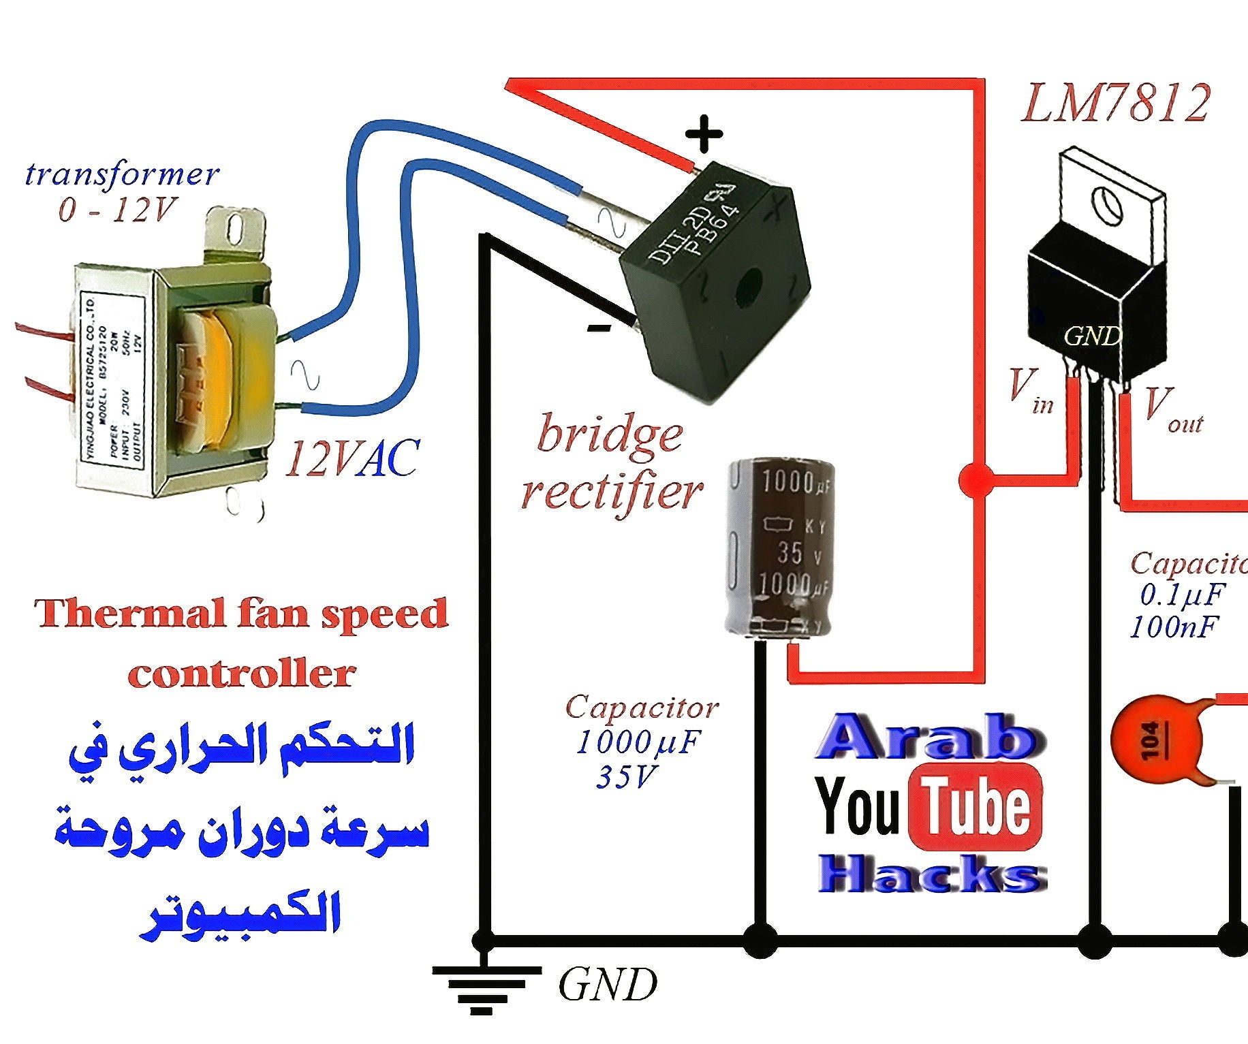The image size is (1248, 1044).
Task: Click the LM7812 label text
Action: click(x=1115, y=104)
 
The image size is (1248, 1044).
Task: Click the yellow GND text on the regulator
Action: click(x=1092, y=336)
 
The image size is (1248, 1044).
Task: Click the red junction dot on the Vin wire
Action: click(x=976, y=480)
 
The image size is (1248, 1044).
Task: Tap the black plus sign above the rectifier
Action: click(x=703, y=133)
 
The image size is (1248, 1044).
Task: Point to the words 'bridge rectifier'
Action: click(x=610, y=463)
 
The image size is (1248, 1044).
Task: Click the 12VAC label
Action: click(x=352, y=458)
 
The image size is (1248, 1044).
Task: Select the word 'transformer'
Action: click(x=122, y=175)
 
